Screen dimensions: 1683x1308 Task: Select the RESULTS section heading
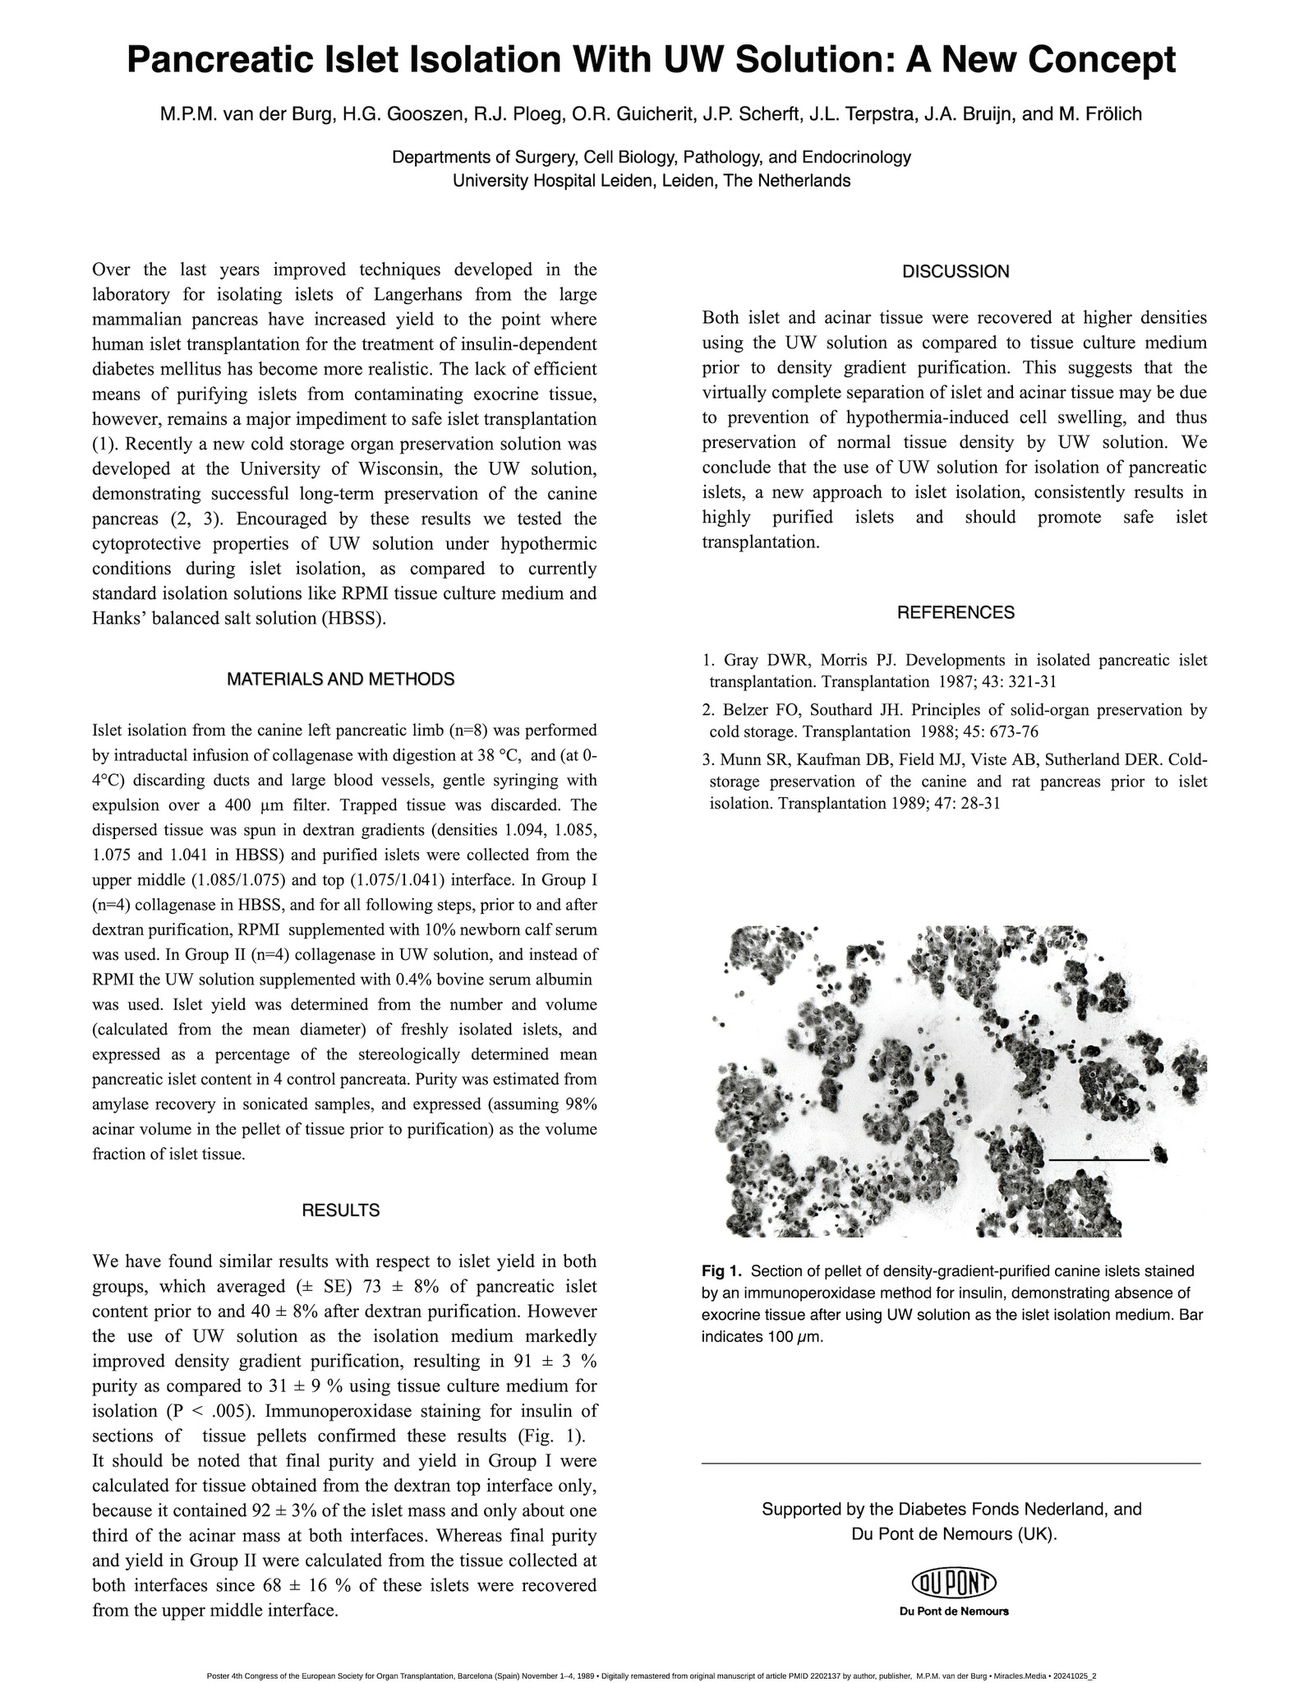pos(340,1210)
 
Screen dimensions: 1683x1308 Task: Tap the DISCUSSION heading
pos(955,272)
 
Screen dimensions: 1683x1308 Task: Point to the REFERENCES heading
pos(955,612)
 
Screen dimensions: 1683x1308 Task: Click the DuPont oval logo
pos(954,1582)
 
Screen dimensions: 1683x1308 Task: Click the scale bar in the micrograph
pos(1098,1160)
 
